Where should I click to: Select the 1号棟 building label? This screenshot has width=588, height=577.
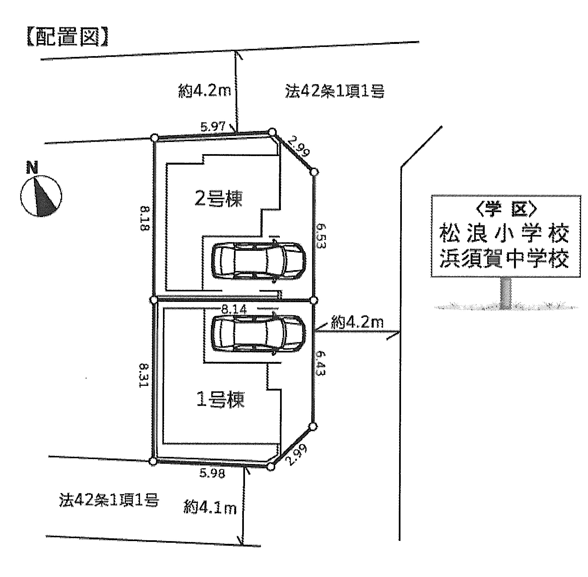(220, 399)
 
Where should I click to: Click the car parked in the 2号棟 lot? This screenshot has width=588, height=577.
(259, 261)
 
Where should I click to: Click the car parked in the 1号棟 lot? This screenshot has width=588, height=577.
(259, 333)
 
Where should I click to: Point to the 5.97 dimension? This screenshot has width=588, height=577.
(213, 127)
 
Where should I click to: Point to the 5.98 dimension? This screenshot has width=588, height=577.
(212, 473)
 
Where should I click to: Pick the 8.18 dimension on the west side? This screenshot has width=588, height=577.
(145, 218)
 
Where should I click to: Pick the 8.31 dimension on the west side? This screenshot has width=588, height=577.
(144, 375)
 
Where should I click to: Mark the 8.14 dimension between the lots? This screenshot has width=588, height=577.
(234, 309)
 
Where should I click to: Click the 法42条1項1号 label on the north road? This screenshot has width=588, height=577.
(335, 91)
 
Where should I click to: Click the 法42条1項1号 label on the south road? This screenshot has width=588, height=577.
(109, 500)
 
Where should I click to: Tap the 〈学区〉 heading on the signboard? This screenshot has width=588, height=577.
(506, 209)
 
